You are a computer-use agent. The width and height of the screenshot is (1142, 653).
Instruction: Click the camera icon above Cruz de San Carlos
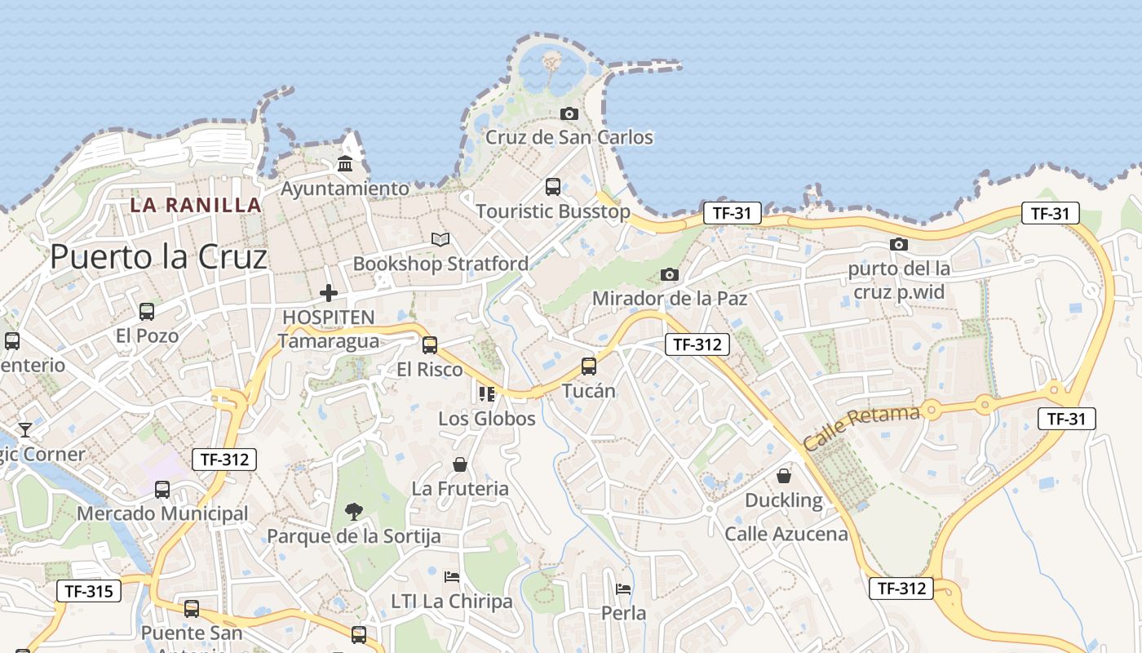(x=569, y=113)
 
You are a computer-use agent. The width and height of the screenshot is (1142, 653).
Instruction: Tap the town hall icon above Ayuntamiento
(x=344, y=164)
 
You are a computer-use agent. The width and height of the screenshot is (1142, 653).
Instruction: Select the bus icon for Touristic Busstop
(x=553, y=187)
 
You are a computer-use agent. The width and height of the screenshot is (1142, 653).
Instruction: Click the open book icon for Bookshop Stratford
(x=440, y=239)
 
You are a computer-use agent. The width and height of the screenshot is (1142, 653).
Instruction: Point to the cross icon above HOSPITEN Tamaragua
(x=329, y=292)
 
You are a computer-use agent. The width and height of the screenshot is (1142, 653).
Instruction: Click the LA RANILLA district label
(x=197, y=205)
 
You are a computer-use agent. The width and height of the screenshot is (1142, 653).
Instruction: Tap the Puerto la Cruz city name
(x=158, y=257)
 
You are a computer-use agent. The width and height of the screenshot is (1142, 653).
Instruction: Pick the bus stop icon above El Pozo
(x=147, y=311)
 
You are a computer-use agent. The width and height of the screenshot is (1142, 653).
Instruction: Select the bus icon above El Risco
(x=430, y=344)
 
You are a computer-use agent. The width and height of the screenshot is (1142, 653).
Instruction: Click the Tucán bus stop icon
(x=589, y=366)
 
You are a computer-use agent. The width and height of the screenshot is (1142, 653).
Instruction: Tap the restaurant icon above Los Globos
(x=487, y=394)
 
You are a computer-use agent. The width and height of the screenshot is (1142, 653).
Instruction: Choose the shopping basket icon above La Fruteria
(x=460, y=464)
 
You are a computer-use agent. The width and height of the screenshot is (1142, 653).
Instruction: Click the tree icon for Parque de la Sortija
(x=354, y=512)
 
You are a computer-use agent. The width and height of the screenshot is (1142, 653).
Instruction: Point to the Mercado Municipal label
(x=162, y=513)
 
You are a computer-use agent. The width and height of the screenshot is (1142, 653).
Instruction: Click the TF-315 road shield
(x=89, y=590)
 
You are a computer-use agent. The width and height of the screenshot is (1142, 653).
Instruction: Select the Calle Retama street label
(x=861, y=427)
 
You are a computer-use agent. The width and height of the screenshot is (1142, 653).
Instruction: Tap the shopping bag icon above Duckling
(x=784, y=475)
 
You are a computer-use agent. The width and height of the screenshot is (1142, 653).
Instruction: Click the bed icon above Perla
(x=623, y=589)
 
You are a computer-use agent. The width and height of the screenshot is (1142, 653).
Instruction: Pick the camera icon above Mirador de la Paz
(x=670, y=274)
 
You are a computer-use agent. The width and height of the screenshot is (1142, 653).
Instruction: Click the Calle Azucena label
(x=786, y=534)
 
